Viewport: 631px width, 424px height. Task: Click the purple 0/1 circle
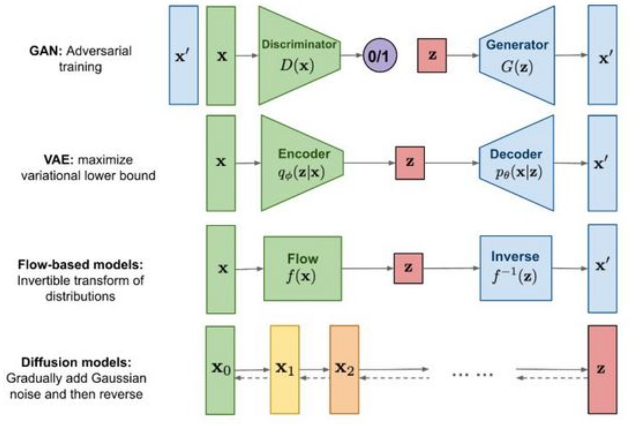[380, 56]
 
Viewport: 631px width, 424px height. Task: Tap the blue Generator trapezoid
[517, 56]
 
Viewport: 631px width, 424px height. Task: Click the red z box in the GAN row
[432, 55]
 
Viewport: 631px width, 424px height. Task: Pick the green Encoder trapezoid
[302, 163]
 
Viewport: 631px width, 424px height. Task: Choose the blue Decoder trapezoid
[517, 163]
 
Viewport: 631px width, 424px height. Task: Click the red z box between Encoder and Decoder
[410, 163]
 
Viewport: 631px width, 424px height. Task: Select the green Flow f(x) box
[302, 268]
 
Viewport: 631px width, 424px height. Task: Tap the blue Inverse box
[516, 268]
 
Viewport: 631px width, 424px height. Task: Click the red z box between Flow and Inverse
[408, 268]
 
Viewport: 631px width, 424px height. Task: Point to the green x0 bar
[220, 370]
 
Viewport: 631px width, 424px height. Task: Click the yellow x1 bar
[285, 370]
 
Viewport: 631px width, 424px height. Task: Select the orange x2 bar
[344, 370]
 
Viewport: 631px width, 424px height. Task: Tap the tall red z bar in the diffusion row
[602, 370]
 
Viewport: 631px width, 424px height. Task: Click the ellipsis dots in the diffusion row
[473, 375]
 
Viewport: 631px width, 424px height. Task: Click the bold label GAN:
[46, 51]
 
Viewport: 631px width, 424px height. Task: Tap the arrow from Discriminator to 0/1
[352, 55]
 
